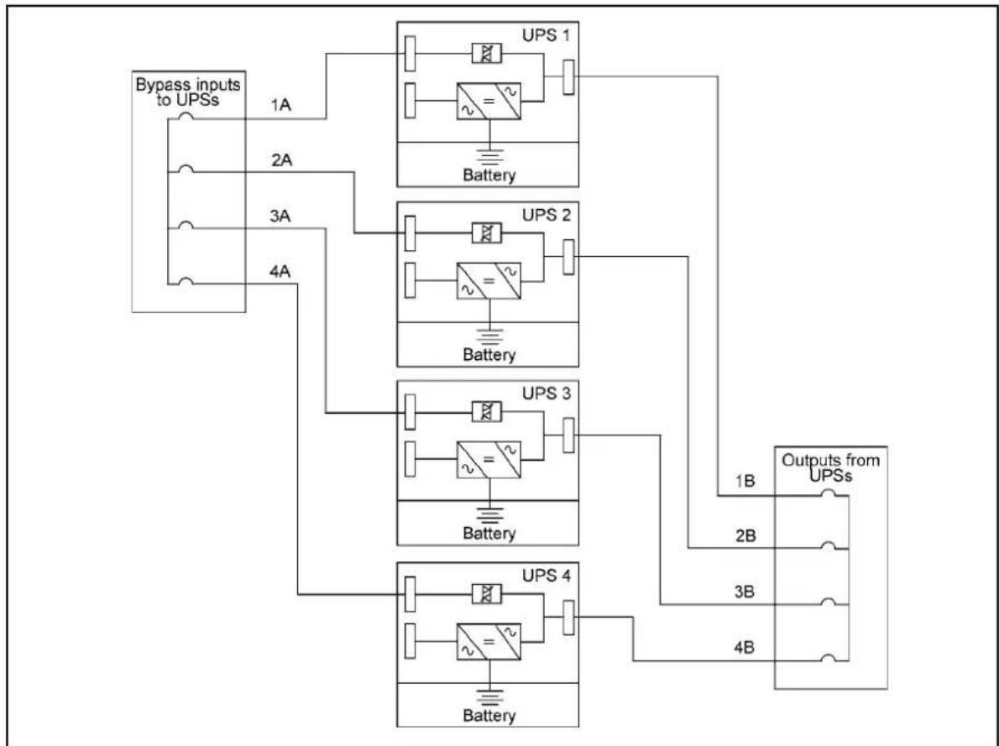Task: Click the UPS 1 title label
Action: coord(546,35)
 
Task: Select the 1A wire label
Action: coord(280,105)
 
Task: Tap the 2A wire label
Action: coord(281,160)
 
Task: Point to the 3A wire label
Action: coord(280,216)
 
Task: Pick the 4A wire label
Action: coord(280,272)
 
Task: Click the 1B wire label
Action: coord(745,481)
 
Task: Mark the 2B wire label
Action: coord(745,535)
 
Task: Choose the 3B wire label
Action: coord(744,592)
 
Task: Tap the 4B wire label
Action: coord(744,648)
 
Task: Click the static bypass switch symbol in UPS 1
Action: coord(486,54)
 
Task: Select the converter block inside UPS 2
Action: coord(489,281)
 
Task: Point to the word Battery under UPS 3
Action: coord(489,533)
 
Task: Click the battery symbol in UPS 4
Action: coord(489,696)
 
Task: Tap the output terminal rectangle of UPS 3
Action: coord(568,436)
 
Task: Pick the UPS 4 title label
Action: coord(547,576)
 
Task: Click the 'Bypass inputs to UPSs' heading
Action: coord(188,91)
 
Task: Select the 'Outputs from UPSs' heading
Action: coord(831,467)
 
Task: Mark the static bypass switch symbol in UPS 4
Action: coord(486,594)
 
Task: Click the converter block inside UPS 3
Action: coord(489,460)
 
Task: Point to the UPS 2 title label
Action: coord(546,216)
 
